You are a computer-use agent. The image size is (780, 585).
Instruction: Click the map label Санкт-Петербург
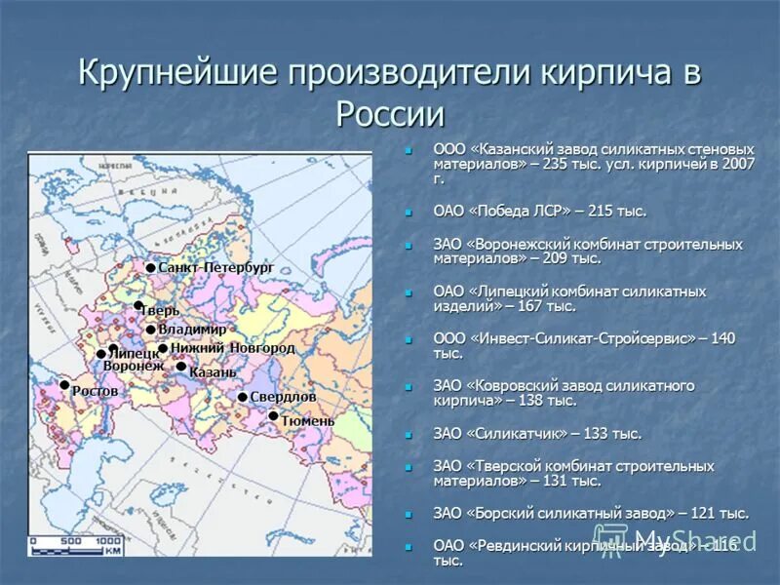[x=215, y=267]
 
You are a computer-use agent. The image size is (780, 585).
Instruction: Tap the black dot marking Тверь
[x=138, y=306]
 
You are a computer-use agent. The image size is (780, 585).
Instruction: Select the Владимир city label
[x=192, y=330]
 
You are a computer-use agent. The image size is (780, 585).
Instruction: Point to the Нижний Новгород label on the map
[x=232, y=348]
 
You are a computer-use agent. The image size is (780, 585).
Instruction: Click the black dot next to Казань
[x=180, y=367]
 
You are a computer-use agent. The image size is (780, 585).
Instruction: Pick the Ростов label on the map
[x=95, y=391]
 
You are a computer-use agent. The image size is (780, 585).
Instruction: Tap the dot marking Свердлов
[x=242, y=397]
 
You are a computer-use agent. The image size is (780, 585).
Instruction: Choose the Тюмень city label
[x=307, y=420]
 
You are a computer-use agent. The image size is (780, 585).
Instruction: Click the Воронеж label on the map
[x=134, y=366]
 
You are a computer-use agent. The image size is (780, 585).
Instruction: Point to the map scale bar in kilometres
[x=76, y=547]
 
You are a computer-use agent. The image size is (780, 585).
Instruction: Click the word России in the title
[x=390, y=114]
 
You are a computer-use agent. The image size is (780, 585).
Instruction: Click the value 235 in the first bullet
[x=557, y=164]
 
